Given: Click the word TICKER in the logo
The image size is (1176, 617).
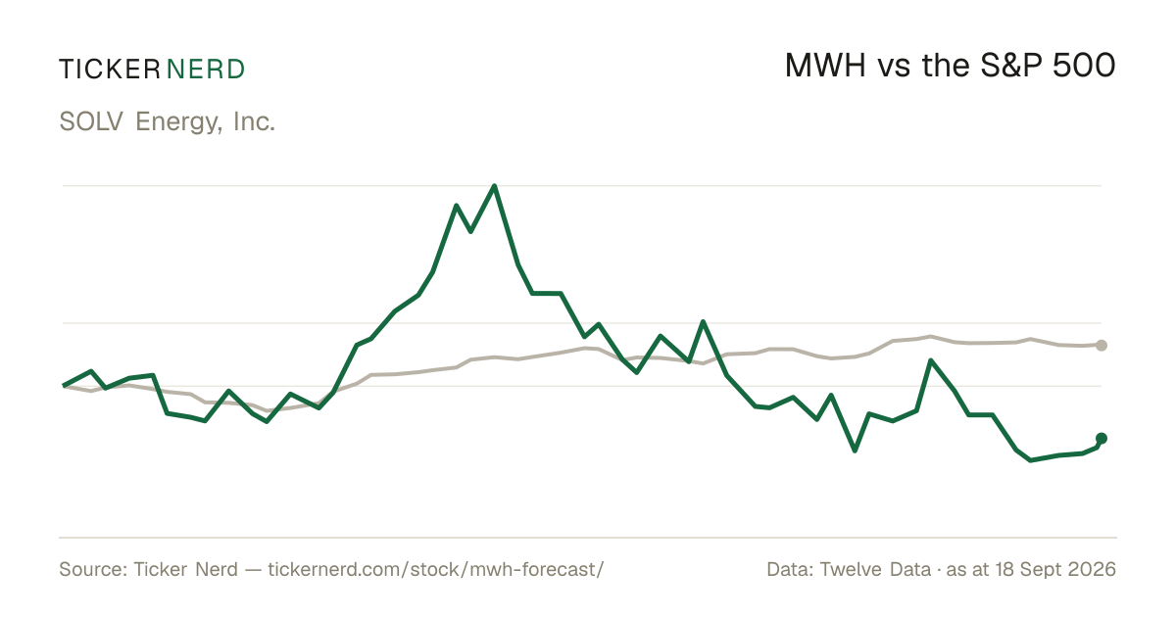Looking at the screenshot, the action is pos(109,70).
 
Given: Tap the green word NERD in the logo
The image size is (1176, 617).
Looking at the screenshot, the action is pos(205,70).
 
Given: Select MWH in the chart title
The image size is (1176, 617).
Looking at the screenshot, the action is pos(825,66).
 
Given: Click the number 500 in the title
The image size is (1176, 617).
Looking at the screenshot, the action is pos(1084,66).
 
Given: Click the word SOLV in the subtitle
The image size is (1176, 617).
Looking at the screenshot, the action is pos(91,121).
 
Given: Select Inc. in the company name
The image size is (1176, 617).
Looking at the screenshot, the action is pos(254,121).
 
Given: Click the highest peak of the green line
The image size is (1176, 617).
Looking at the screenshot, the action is pos(494,186).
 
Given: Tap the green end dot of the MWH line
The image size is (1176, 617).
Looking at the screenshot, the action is pos(1102,438).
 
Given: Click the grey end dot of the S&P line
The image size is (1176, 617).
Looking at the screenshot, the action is pos(1102,345).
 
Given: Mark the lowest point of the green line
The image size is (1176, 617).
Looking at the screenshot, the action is pos(1031,460).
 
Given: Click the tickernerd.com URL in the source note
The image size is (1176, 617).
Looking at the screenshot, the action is pos(436,569).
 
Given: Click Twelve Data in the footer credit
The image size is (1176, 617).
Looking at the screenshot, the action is pos(875,569).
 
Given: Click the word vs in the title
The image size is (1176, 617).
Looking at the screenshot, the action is pos(894,69).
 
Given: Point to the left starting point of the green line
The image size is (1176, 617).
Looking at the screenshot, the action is pos(64,386).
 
